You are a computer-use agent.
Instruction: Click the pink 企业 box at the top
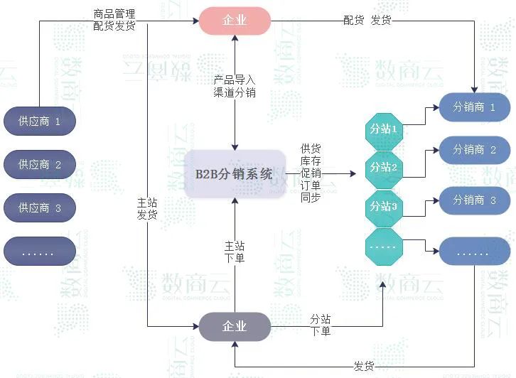pyautogui.click(x=235, y=21)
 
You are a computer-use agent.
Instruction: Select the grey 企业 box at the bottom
pyautogui.click(x=235, y=326)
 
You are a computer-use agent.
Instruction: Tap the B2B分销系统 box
pyautogui.click(x=234, y=173)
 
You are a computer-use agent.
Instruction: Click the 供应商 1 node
pyautogui.click(x=39, y=121)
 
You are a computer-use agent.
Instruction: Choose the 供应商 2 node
pyautogui.click(x=39, y=165)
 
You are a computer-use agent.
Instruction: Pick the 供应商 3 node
pyautogui.click(x=39, y=208)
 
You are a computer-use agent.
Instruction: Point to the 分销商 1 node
pyautogui.click(x=474, y=107)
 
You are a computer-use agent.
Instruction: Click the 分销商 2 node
pyautogui.click(x=474, y=150)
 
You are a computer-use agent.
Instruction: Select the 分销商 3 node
pyautogui.click(x=474, y=200)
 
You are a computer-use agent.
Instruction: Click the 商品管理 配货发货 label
pyautogui.click(x=114, y=19)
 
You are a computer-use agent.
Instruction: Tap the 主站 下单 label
pyautogui.click(x=235, y=252)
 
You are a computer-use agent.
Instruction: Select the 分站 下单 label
pyautogui.click(x=321, y=325)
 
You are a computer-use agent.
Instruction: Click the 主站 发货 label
pyautogui.click(x=147, y=209)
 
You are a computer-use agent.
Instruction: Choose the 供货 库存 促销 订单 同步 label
pyautogui.click(x=311, y=173)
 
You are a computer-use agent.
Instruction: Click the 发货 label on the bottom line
pyautogui.click(x=364, y=366)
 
